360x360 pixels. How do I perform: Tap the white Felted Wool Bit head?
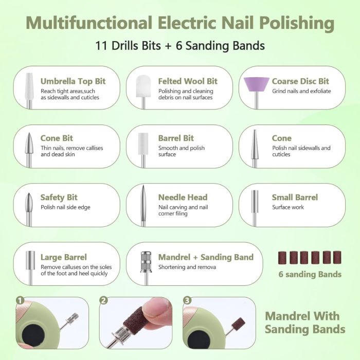tap(143, 86)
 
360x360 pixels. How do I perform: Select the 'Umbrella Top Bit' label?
tap(73, 81)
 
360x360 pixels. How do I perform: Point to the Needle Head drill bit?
tap(143, 206)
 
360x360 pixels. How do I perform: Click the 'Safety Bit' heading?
tap(59, 197)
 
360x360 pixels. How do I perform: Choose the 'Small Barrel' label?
tap(295, 197)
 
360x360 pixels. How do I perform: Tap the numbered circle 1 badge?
tap(20, 300)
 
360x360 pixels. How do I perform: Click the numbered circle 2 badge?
tap(104, 300)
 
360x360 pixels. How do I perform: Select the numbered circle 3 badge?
tap(187, 300)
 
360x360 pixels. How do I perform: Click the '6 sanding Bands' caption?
tap(310, 274)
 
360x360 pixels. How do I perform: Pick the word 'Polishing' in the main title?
tap(297, 23)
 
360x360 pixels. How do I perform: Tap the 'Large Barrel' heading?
tap(64, 257)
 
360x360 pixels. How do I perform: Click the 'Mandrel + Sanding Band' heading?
tap(206, 257)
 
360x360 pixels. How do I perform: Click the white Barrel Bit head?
tap(143, 143)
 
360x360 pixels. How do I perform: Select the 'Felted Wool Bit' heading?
tap(188, 81)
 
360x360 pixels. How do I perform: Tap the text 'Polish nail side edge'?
tap(65, 207)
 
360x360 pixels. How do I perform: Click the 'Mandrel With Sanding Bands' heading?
tap(305, 322)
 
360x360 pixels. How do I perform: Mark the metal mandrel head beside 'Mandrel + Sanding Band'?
tap(146, 262)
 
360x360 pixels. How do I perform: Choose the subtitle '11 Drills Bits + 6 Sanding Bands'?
tap(180, 45)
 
